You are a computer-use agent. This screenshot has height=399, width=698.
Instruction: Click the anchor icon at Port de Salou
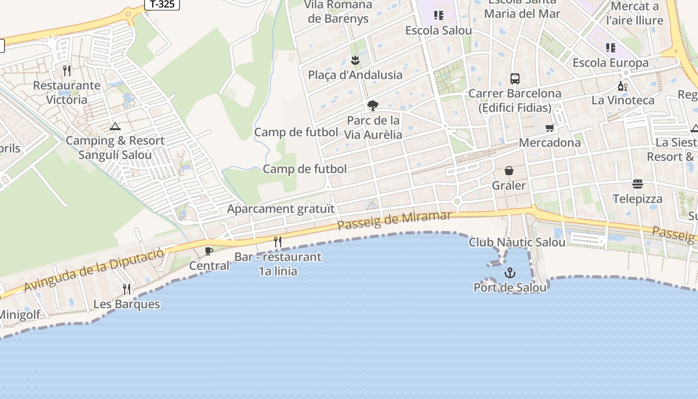tap(510, 273)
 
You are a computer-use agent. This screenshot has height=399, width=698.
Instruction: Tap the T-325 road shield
tap(162, 4)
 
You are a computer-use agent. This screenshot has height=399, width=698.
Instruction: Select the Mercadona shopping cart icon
tap(549, 128)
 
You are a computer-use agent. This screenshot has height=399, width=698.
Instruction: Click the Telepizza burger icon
tap(637, 184)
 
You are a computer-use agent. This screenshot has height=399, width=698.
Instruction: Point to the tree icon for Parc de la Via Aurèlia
tap(372, 105)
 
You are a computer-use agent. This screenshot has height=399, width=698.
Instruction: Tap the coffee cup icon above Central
tap(209, 251)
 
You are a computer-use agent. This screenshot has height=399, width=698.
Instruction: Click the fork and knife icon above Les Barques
tap(127, 289)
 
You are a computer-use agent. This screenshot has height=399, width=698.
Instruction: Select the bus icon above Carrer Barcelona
tap(515, 79)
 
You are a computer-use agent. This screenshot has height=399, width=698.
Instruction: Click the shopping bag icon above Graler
tap(509, 171)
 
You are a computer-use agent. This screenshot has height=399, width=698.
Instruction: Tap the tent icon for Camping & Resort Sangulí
tap(115, 127)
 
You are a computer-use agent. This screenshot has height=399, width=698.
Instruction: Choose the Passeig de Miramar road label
tap(394, 220)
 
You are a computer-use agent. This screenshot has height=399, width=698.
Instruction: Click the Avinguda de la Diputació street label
tap(93, 270)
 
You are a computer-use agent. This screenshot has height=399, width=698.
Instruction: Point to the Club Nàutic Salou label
tap(517, 242)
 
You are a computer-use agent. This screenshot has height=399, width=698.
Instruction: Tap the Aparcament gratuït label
tap(281, 208)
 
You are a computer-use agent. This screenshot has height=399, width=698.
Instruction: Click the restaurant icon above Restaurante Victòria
tap(67, 71)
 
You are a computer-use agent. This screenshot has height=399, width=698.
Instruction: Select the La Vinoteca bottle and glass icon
tap(622, 86)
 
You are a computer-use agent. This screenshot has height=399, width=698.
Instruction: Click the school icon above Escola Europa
tap(610, 48)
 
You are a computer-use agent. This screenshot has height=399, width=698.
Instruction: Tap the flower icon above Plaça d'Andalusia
tap(354, 61)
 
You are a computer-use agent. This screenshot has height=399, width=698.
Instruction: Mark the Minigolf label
tap(19, 315)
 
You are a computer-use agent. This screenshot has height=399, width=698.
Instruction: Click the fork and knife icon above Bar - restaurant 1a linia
tap(278, 242)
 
